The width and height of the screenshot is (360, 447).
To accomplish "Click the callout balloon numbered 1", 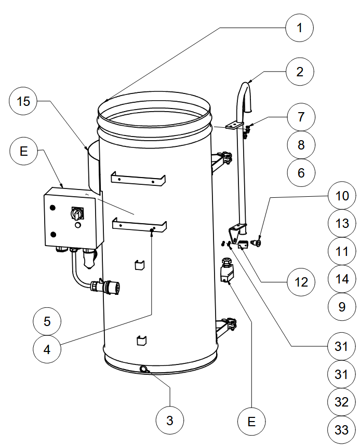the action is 300,28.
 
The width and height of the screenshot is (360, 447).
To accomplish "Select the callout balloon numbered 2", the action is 300,72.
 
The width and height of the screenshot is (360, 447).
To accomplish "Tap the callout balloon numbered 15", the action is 23,101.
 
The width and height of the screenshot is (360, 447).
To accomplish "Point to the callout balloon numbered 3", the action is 170,421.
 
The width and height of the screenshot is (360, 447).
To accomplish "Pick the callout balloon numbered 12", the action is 301,282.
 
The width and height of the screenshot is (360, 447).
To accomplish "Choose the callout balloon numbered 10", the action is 342,196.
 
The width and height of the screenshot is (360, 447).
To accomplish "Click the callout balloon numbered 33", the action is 341,430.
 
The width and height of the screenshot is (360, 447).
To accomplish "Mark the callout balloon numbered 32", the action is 341,402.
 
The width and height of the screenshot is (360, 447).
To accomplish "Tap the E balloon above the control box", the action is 24,151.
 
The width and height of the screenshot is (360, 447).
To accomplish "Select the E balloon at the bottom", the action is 251,422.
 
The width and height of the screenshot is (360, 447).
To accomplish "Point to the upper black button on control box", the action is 52,208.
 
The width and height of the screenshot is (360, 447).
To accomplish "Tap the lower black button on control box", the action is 53,235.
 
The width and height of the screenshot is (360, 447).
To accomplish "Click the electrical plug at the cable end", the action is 105,286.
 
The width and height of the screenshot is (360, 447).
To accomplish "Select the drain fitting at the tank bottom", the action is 144,370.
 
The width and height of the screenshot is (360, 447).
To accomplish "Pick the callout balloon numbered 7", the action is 301,117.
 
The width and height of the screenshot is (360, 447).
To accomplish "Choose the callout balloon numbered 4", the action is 47,349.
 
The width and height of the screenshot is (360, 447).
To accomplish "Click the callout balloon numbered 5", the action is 47,321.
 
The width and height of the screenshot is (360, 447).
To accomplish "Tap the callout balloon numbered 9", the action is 342,307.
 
